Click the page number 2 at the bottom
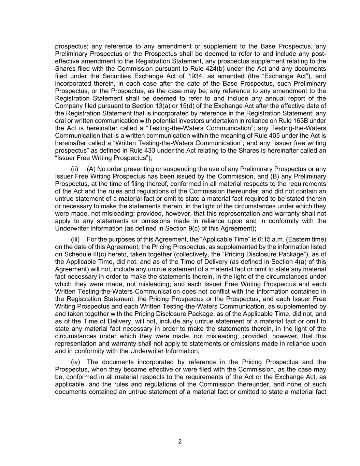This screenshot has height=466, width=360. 180,442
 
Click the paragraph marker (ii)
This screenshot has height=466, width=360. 75,169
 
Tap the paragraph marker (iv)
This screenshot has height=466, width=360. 75,362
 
